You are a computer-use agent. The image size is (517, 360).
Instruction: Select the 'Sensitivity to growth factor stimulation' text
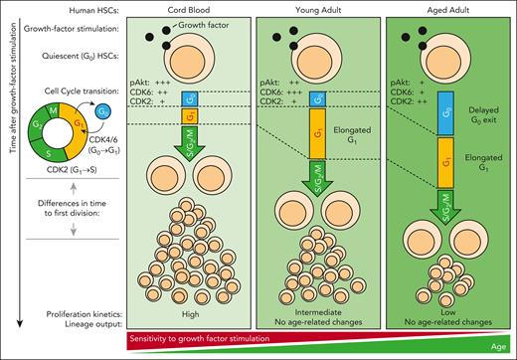220,338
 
